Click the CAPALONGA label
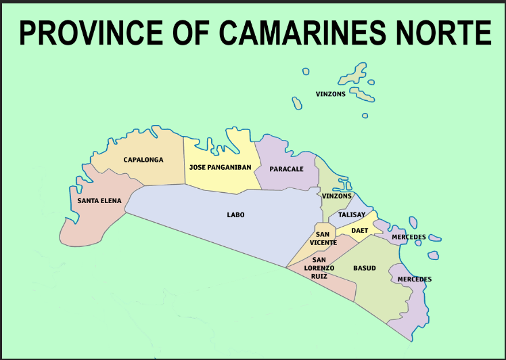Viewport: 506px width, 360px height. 143,160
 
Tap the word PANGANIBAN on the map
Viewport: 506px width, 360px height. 230,167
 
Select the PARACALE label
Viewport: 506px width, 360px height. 286,168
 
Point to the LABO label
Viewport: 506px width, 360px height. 235,215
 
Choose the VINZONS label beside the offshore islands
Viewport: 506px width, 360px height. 330,94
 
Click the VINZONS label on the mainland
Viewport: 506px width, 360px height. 337,196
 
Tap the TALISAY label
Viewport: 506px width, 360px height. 352,215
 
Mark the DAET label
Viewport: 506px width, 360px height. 359,231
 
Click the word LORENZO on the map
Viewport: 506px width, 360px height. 323,268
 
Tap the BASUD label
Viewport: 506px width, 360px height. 364,268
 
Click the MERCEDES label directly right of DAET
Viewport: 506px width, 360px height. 409,237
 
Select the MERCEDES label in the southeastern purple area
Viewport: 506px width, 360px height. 414,279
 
